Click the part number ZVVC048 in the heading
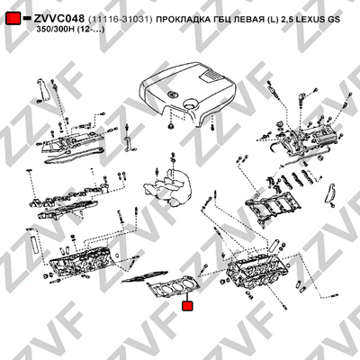click(x=59, y=19)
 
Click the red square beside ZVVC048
click(x=13, y=19)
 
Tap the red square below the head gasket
click(x=188, y=306)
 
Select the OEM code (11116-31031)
click(x=121, y=19)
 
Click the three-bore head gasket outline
click(x=174, y=287)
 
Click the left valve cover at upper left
click(x=72, y=141)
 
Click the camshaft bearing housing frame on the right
click(x=272, y=207)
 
